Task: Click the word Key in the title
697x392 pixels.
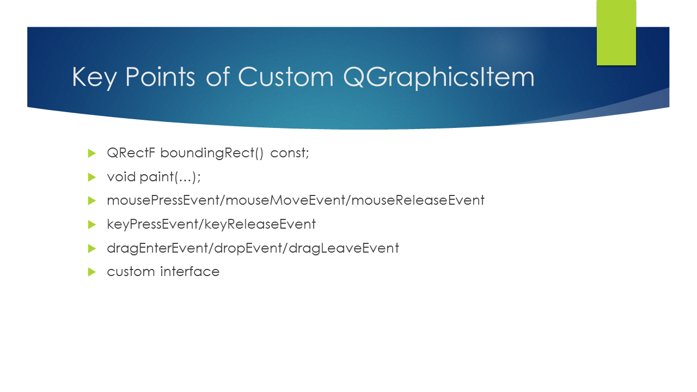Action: pyautogui.click(x=94, y=77)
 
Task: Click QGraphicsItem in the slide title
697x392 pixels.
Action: pyautogui.click(x=439, y=77)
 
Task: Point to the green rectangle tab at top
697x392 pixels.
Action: pyautogui.click(x=616, y=33)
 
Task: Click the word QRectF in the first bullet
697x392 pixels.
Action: pyautogui.click(x=131, y=153)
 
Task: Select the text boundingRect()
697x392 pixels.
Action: pyautogui.click(x=212, y=153)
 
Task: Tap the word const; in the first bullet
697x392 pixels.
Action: pyautogui.click(x=289, y=153)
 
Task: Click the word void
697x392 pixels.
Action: pyautogui.click(x=121, y=177)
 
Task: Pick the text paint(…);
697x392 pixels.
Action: pyautogui.click(x=170, y=177)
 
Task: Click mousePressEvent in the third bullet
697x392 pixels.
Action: pyautogui.click(x=163, y=200)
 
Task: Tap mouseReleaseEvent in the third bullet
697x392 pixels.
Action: pyautogui.click(x=418, y=200)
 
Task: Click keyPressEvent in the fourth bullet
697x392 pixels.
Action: pyautogui.click(x=152, y=224)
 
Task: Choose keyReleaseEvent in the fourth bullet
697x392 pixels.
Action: pyautogui.click(x=260, y=224)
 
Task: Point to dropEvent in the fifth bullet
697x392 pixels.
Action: pyautogui.click(x=248, y=248)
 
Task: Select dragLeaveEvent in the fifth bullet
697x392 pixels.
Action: pyautogui.click(x=344, y=248)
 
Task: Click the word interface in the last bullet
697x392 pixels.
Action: pyautogui.click(x=190, y=271)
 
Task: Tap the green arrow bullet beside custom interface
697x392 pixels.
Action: pyautogui.click(x=92, y=272)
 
